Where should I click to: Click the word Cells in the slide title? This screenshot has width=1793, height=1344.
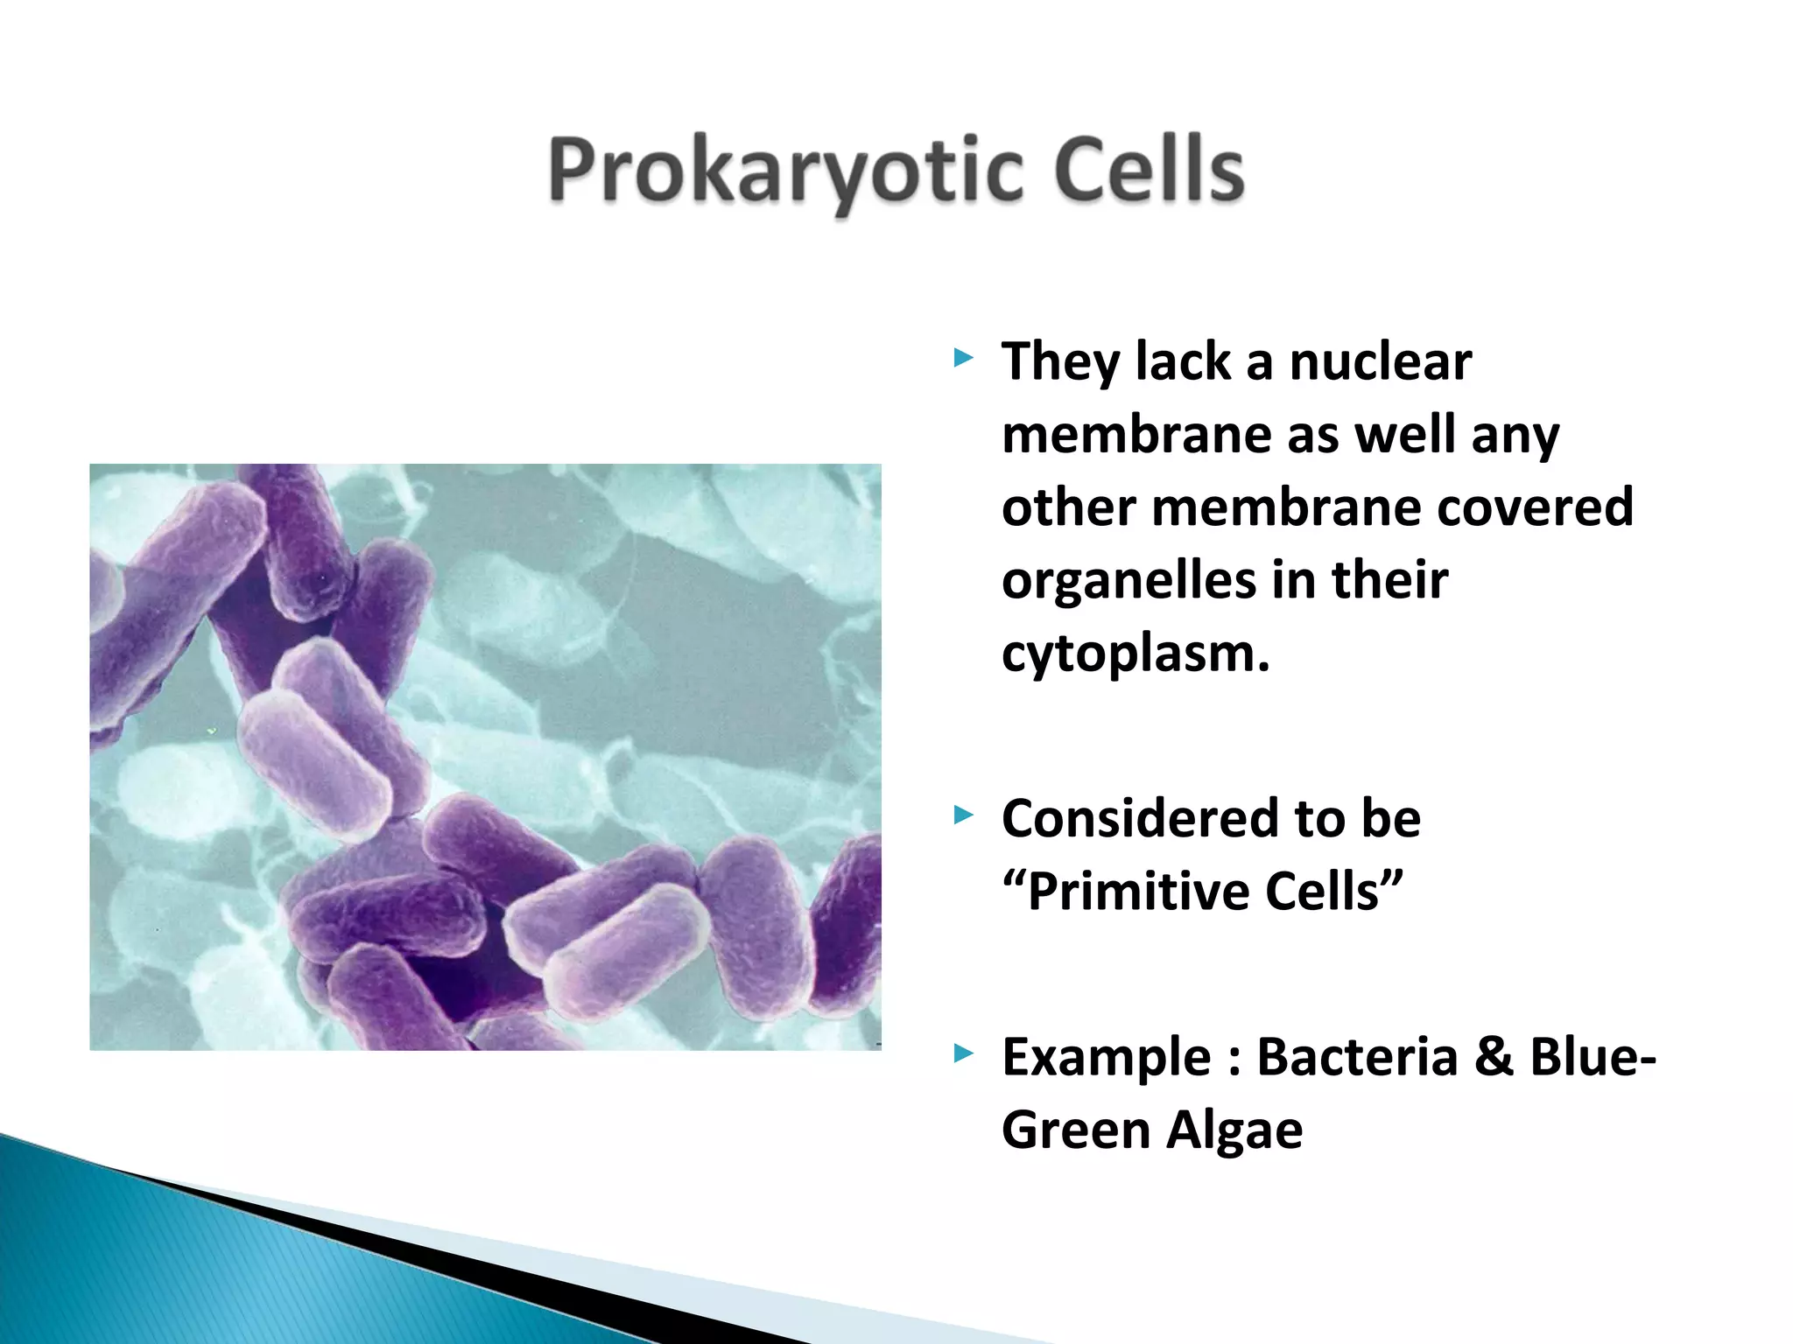point(1149,170)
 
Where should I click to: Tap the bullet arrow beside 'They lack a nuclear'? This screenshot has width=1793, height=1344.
point(963,358)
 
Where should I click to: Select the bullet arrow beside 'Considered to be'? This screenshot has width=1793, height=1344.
point(963,816)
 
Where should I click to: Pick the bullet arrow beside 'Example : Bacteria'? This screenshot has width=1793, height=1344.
point(963,1053)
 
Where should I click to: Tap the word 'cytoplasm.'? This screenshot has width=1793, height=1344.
point(1135,654)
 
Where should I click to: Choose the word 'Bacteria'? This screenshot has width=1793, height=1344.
point(1357,1057)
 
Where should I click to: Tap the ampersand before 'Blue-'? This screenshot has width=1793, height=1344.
point(1494,1057)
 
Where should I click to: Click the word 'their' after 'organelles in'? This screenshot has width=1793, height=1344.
point(1389,580)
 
